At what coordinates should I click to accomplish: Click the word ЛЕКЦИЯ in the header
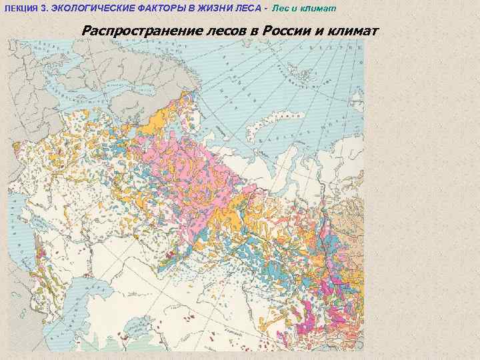click(x=23, y=7)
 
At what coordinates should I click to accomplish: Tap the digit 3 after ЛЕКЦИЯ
click(x=45, y=7)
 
